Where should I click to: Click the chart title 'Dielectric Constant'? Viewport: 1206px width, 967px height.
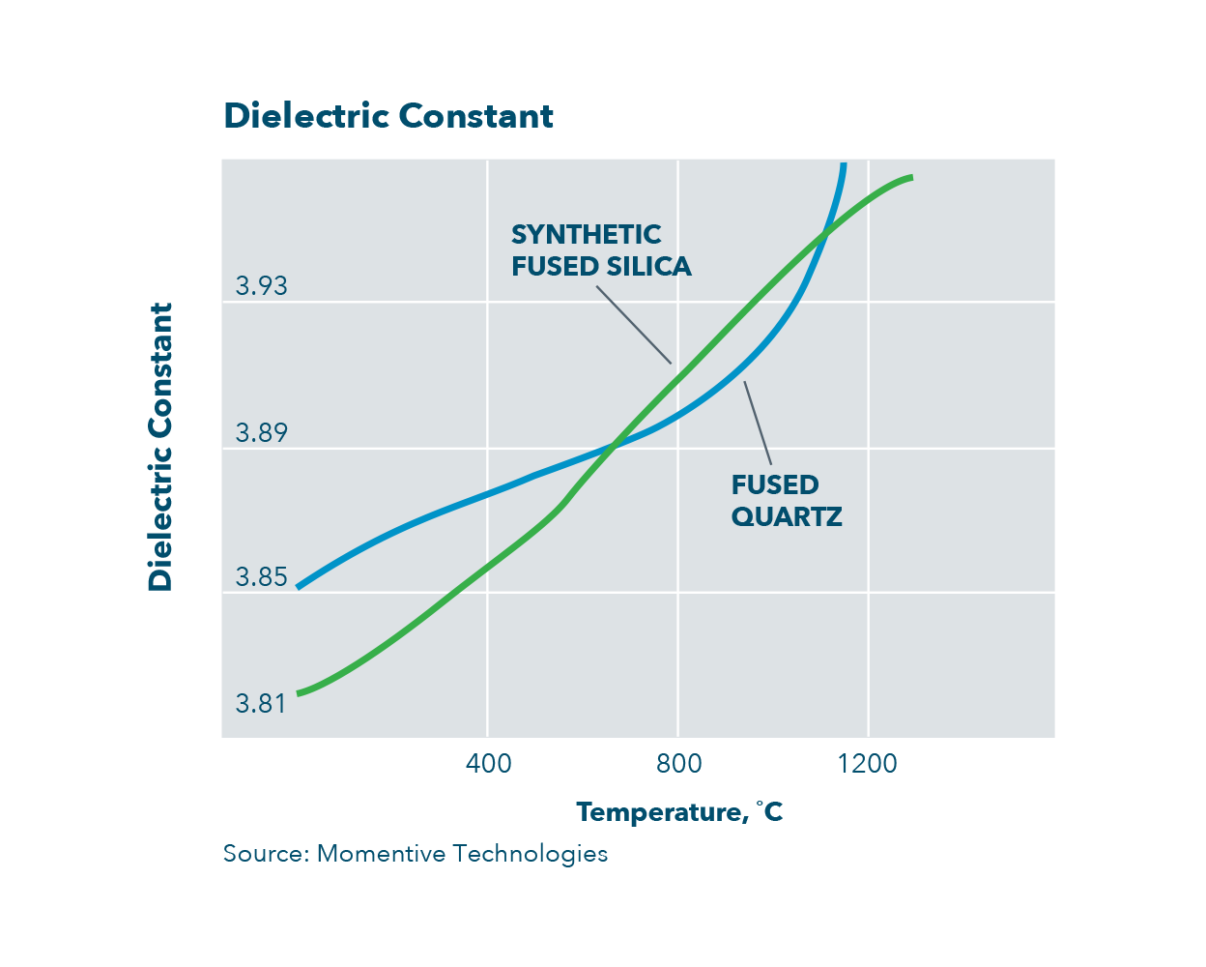[x=388, y=116]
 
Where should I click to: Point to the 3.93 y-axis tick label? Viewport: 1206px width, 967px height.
[x=262, y=286]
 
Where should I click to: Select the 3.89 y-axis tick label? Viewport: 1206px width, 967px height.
[x=262, y=432]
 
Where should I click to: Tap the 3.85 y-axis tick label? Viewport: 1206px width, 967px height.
[x=262, y=577]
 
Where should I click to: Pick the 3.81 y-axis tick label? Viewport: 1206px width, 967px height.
[x=262, y=703]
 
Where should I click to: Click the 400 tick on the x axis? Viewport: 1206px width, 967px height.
[x=488, y=764]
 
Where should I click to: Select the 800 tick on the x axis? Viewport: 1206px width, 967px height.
[x=678, y=764]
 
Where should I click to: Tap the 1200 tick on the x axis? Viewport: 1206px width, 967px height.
[x=868, y=764]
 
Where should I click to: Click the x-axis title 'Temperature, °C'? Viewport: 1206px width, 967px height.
[x=679, y=812]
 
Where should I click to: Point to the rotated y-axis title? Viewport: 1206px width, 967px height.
[x=160, y=447]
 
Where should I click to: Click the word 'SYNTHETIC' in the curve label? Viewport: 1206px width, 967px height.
[x=586, y=235]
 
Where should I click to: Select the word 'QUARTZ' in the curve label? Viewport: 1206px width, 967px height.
[x=787, y=517]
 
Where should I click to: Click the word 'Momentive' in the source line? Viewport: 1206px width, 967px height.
[x=381, y=854]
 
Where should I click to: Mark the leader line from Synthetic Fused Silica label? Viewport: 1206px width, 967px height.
[x=633, y=325]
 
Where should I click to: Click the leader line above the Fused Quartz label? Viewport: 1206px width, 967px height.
[x=758, y=424]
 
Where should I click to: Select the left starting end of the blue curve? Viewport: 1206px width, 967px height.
[x=299, y=587]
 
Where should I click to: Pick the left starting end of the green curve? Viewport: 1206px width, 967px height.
[x=299, y=693]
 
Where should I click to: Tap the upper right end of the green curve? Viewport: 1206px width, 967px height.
[x=910, y=177]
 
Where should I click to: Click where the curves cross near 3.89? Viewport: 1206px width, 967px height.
[x=613, y=446]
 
